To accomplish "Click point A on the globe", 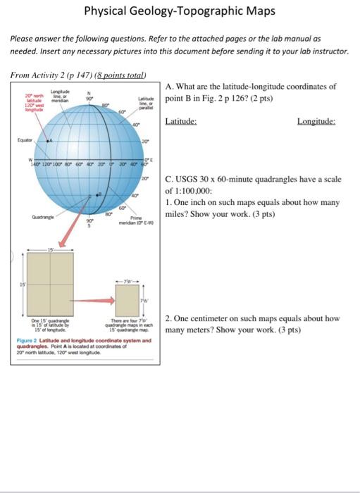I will click(x=49, y=142).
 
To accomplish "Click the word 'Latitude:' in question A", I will click(x=180, y=121).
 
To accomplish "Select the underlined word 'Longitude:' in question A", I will click(x=316, y=121).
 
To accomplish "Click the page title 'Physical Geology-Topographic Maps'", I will click(x=179, y=12).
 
